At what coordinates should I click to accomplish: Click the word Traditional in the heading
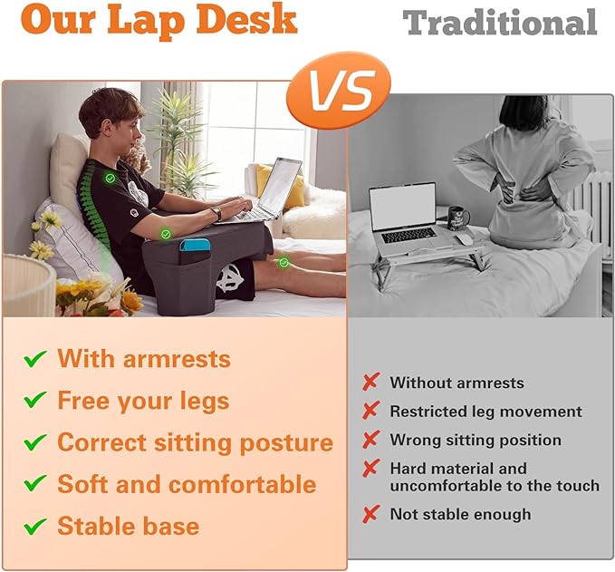[x=500, y=23]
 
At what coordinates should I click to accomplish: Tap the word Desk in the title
[x=245, y=18]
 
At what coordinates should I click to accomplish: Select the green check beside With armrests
[x=35, y=359]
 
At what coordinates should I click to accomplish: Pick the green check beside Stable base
[x=35, y=526]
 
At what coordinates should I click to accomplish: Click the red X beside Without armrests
[x=370, y=383]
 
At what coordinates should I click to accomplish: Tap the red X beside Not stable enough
[x=370, y=514]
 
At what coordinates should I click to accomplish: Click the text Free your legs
[x=143, y=401]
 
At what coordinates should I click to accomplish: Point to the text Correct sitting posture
[x=195, y=442]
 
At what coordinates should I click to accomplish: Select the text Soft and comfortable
[x=187, y=484]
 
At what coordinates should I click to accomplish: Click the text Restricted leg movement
[x=485, y=412]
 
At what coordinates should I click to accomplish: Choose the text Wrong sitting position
[x=476, y=441]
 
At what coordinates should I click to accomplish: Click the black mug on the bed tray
[x=458, y=218]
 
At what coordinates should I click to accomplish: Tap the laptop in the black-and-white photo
[x=403, y=214]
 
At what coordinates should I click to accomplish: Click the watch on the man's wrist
[x=216, y=214]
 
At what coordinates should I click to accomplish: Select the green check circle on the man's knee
[x=283, y=263]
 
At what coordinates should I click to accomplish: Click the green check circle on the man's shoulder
[x=110, y=179]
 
